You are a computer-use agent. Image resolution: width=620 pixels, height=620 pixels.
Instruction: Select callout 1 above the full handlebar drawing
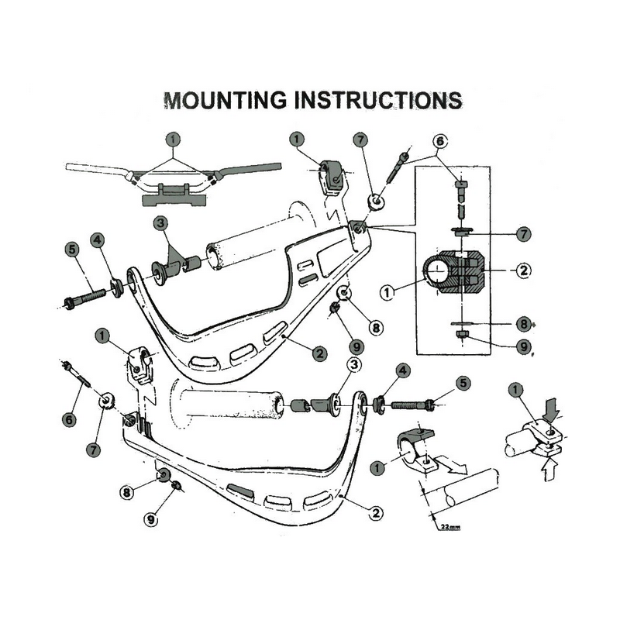(x=173, y=139)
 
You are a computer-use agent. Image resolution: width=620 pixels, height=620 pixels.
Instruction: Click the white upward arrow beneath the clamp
(x=549, y=468)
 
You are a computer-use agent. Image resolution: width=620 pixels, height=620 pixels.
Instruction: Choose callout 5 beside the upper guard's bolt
(x=71, y=250)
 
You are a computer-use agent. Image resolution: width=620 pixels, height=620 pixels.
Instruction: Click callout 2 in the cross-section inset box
(x=523, y=270)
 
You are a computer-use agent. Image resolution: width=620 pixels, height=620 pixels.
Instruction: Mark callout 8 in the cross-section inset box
(x=523, y=323)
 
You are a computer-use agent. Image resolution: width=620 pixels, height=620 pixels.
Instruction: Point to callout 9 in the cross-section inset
(x=523, y=346)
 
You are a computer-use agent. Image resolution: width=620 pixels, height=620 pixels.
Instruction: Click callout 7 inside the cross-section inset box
(x=523, y=232)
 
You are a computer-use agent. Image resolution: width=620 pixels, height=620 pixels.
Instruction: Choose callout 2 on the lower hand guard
(x=376, y=512)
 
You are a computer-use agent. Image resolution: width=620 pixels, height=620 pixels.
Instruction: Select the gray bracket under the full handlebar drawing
(x=173, y=196)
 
